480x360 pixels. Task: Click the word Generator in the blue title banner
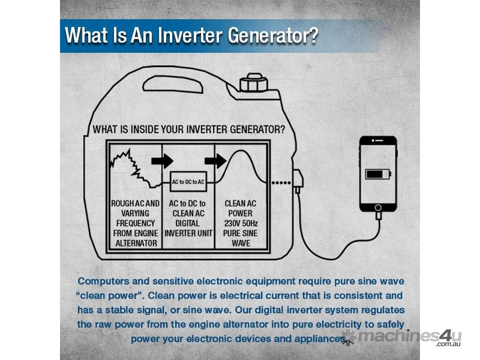tap(273, 36)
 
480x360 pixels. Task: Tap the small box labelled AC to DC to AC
tap(188, 181)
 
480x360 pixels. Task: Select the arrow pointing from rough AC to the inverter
tap(162, 161)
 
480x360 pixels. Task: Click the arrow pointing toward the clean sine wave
tap(216, 161)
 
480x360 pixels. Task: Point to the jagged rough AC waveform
tap(132, 167)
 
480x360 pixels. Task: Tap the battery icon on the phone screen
tap(378, 174)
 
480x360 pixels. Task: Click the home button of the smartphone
tap(378, 208)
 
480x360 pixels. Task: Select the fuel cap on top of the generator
tap(254, 82)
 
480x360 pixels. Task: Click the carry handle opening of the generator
tap(173, 84)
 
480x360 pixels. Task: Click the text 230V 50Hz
tap(240, 223)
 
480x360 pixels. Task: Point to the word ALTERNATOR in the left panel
tap(136, 243)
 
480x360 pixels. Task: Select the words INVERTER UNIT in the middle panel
tap(188, 233)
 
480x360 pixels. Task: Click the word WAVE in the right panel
tap(241, 243)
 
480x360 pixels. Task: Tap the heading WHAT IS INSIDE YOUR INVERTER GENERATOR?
tap(188, 129)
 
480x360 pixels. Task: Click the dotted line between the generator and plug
tap(281, 183)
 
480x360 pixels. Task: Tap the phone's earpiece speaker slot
tap(379, 141)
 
